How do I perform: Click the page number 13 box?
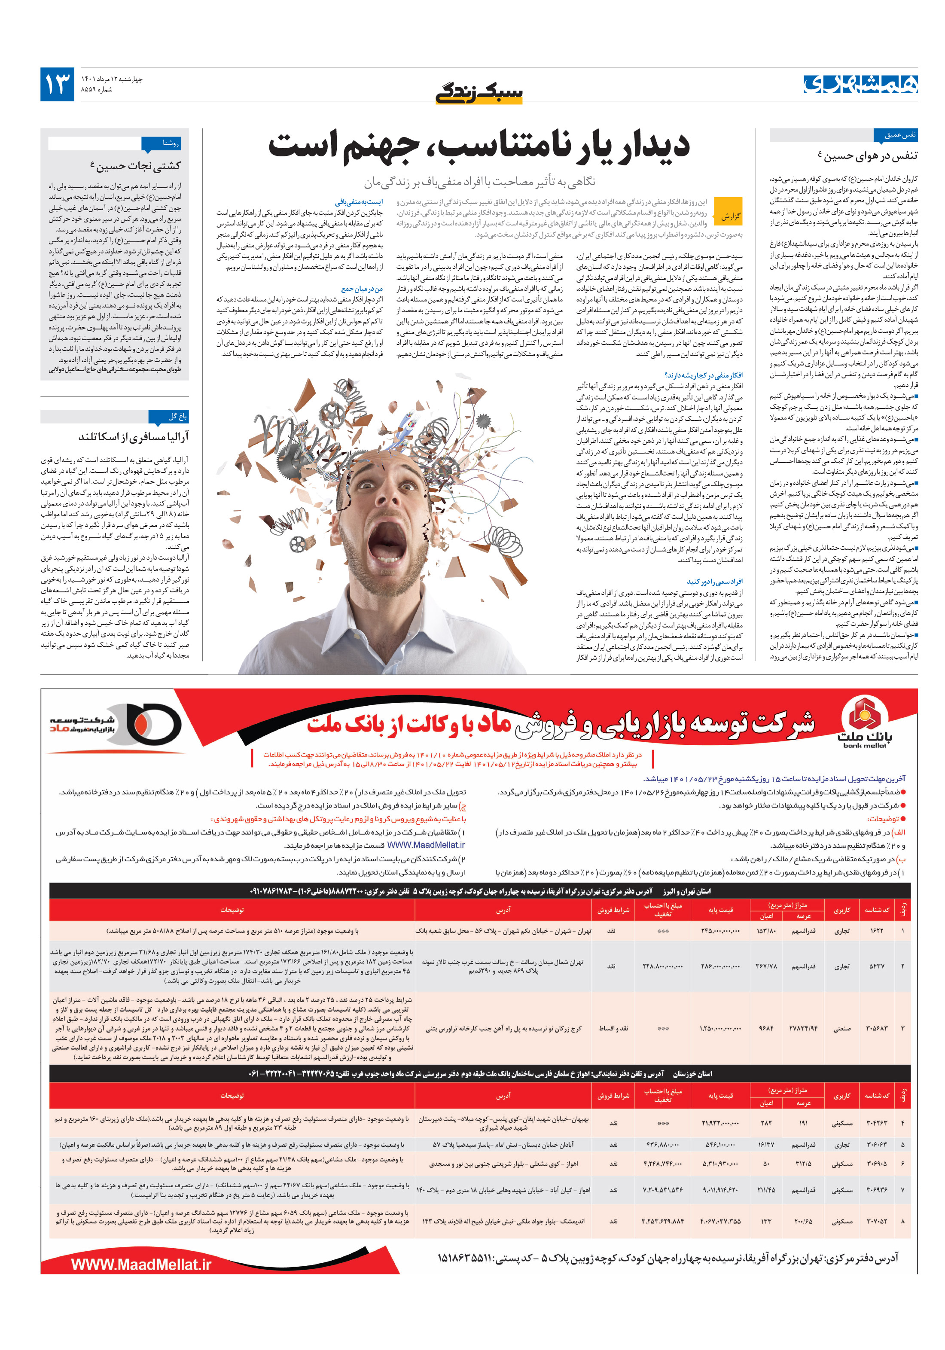(x=57, y=84)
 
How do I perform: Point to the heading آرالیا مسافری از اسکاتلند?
(x=134, y=437)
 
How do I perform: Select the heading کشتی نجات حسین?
(x=136, y=166)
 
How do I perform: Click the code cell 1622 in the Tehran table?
(x=876, y=931)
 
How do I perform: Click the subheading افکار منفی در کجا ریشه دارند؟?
(x=703, y=375)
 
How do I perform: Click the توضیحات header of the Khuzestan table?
(x=232, y=1095)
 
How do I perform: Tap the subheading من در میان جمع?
(x=362, y=289)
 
